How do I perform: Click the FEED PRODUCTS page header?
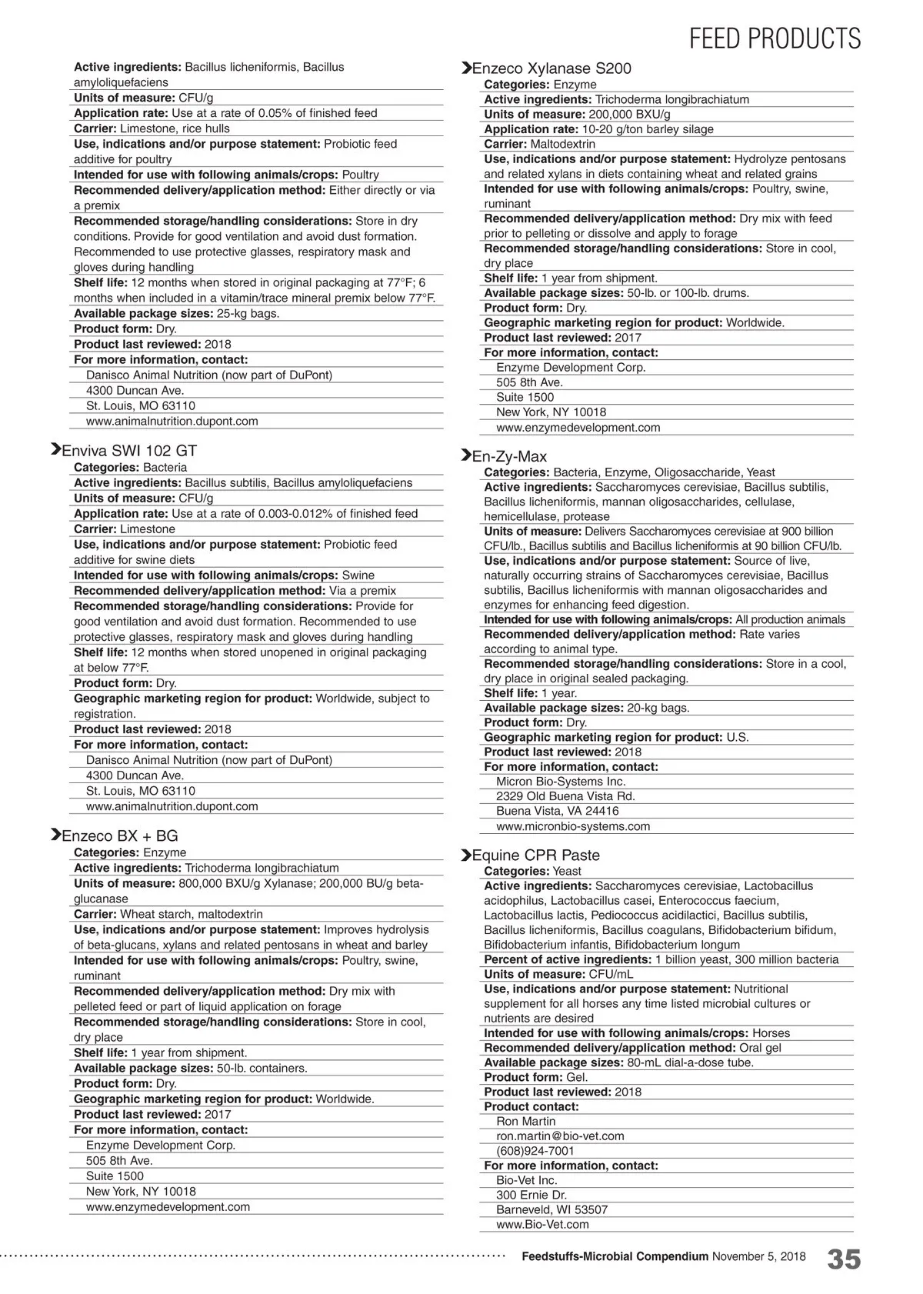[775, 38]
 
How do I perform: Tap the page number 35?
[844, 1259]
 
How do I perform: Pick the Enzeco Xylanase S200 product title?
[551, 68]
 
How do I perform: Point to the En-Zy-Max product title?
[509, 456]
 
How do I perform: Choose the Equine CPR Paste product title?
[535, 855]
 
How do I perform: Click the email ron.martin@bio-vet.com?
[560, 1136]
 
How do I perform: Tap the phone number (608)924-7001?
[535, 1151]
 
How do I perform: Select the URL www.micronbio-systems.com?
[573, 826]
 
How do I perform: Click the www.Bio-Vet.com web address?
[542, 1224]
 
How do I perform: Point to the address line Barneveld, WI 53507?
[551, 1209]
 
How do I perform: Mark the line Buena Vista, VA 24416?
[557, 811]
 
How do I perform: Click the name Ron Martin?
[526, 1121]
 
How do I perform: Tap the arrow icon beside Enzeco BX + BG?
[55, 835]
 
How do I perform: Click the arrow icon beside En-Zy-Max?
[465, 455]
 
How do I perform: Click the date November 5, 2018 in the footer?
[759, 1256]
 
